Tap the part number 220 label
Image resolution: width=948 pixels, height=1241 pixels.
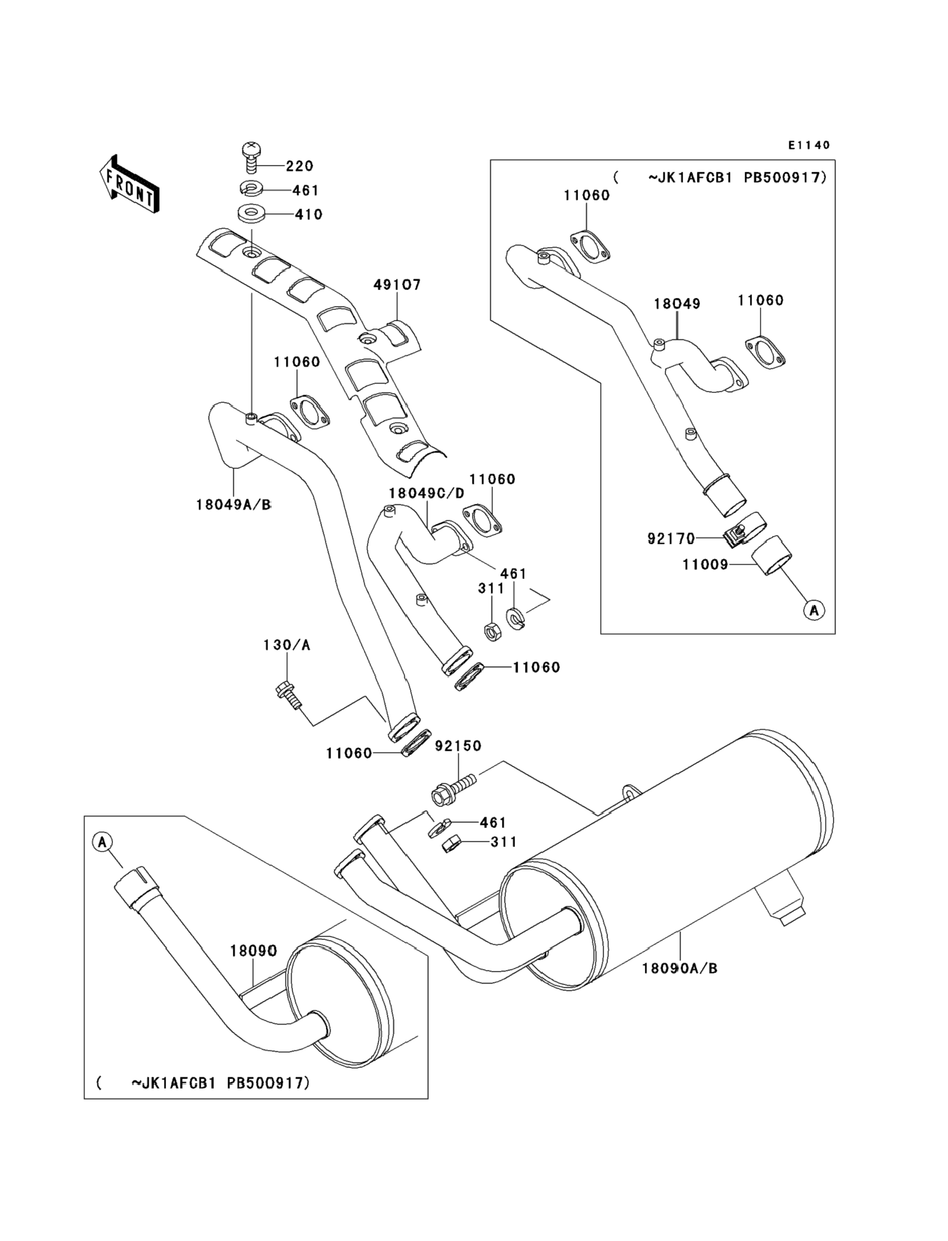[299, 166]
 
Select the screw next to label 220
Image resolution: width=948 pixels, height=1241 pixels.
[251, 158]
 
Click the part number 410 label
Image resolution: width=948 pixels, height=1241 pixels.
[308, 214]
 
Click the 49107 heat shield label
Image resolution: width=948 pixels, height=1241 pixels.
[397, 285]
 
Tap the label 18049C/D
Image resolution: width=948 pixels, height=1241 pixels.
[427, 493]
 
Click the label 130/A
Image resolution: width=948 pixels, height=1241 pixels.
[286, 645]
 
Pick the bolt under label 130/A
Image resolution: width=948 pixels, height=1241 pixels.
[288, 696]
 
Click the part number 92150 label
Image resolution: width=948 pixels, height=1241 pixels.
[458, 746]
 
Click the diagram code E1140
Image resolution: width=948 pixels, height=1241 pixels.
[809, 146]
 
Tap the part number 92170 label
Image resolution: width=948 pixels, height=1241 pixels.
[671, 539]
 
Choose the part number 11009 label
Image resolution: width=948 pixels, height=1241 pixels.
[705, 564]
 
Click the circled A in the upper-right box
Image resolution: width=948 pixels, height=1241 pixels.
[813, 610]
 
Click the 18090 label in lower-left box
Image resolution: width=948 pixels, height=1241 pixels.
[253, 951]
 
